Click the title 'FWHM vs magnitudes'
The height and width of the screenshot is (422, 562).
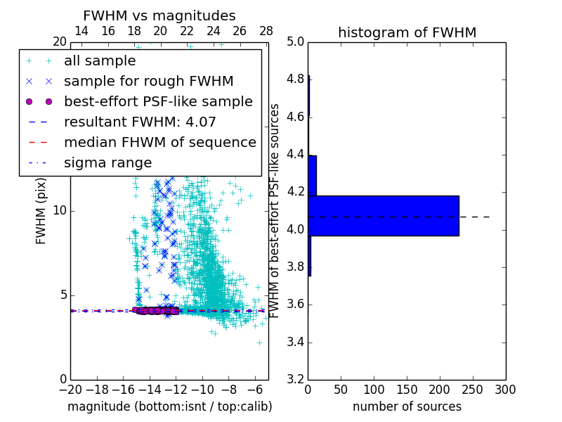(x=159, y=15)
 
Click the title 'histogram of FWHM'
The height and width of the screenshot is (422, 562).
(x=407, y=32)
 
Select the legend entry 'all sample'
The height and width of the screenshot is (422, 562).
(x=100, y=61)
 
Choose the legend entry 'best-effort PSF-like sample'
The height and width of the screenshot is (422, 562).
(x=158, y=101)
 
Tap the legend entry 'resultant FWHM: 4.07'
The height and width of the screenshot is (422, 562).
(x=140, y=122)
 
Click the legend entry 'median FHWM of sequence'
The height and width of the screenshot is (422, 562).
(x=159, y=142)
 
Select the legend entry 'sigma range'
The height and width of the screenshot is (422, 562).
(x=107, y=162)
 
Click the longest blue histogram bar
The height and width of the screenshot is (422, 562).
(x=383, y=216)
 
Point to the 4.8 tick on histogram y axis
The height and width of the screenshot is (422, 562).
(x=296, y=79)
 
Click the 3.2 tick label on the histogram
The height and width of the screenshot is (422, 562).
(x=296, y=380)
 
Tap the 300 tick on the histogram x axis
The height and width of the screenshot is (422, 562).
(x=506, y=390)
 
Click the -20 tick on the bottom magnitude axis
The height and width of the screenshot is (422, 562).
(x=70, y=390)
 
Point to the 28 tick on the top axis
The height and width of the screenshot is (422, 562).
(x=266, y=31)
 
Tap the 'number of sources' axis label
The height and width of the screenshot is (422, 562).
(x=407, y=407)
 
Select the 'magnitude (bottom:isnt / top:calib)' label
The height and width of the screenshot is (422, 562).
(x=169, y=407)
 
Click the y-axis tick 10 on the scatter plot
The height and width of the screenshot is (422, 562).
(x=59, y=211)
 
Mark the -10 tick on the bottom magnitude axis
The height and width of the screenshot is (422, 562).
(x=202, y=390)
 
